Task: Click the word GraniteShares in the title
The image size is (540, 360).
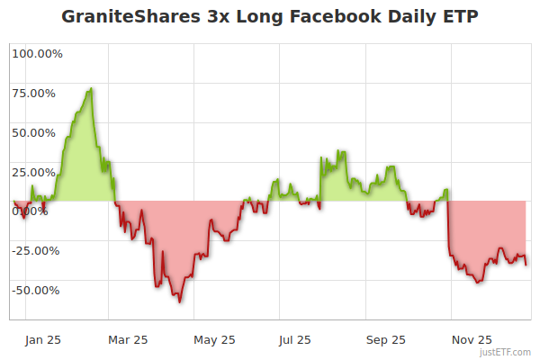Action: [x=130, y=17]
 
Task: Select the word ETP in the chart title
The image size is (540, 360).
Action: [x=459, y=17]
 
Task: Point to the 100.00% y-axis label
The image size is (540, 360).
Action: [x=38, y=53]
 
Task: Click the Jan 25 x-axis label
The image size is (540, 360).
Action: [x=43, y=339]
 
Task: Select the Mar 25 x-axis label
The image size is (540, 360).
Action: [x=128, y=339]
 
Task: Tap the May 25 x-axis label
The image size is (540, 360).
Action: [x=215, y=339]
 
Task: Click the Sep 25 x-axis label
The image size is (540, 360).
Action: [x=385, y=339]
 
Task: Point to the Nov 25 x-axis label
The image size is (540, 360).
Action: [x=472, y=339]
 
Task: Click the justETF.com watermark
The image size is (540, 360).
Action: [x=505, y=352]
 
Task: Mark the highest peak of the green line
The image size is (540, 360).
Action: [x=91, y=88]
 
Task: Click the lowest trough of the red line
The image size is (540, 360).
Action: [x=180, y=301]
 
